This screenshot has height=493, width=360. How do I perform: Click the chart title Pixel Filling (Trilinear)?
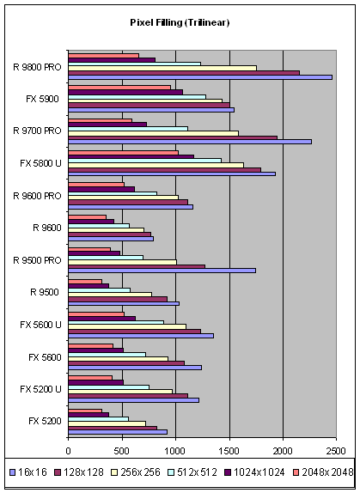[180, 22]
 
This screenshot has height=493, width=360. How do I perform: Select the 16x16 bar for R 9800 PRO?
[200, 77]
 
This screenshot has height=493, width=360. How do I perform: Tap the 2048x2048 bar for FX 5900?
[119, 88]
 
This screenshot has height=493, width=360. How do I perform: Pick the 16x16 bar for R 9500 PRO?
[162, 271]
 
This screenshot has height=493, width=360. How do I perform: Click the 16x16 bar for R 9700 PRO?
[190, 142]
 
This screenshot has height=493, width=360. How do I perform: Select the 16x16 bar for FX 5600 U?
[141, 336]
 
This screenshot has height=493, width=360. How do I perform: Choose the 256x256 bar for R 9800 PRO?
[162, 68]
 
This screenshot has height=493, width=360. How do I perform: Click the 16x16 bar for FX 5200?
[118, 432]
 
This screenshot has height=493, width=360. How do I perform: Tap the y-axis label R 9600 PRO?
[37, 196]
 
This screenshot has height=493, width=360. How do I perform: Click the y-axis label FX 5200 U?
[40, 389]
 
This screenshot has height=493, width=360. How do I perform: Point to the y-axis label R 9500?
[45, 292]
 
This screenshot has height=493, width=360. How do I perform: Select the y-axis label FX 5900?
[42, 99]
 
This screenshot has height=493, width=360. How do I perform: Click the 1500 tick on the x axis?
[229, 451]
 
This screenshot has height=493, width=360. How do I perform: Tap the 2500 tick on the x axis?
[336, 451]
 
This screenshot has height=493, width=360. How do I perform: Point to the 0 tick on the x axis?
[68, 451]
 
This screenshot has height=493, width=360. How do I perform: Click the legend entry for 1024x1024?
[254, 472]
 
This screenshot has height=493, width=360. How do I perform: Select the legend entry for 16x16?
[28, 472]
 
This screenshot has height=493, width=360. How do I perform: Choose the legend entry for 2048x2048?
[323, 472]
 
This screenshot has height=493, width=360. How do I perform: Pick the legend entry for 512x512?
[192, 472]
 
